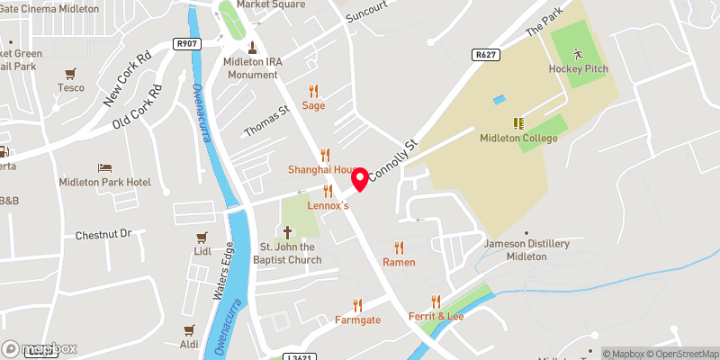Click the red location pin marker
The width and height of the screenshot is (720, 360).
pos(361,179)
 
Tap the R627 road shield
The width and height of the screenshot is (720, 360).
pos(485,55)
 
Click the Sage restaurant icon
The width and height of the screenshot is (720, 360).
pos(313,91)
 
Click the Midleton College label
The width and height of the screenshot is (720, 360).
pos(518,138)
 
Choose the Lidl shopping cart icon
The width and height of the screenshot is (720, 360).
pos(202,238)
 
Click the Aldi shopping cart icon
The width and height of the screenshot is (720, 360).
pos(189,330)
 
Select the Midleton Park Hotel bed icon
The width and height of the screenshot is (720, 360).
pos(104,167)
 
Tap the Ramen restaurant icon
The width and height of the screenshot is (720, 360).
pos(399,247)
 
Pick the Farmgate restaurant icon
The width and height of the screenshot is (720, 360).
pos(357,304)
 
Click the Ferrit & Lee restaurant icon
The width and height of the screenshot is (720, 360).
pos(436,301)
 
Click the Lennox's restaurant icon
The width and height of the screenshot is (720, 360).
pos(328,191)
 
